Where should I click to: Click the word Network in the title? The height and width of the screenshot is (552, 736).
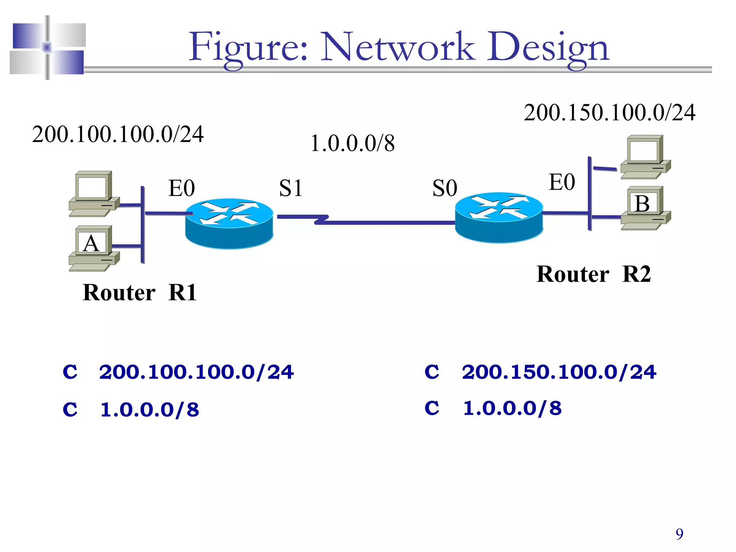pyautogui.click(x=397, y=47)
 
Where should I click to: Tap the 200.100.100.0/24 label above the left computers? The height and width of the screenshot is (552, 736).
pyautogui.click(x=118, y=134)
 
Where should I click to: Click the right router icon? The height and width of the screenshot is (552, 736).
pyautogui.click(x=499, y=217)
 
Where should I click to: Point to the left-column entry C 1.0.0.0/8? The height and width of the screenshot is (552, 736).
pyautogui.click(x=131, y=409)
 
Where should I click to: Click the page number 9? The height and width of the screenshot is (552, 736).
pyautogui.click(x=679, y=534)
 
